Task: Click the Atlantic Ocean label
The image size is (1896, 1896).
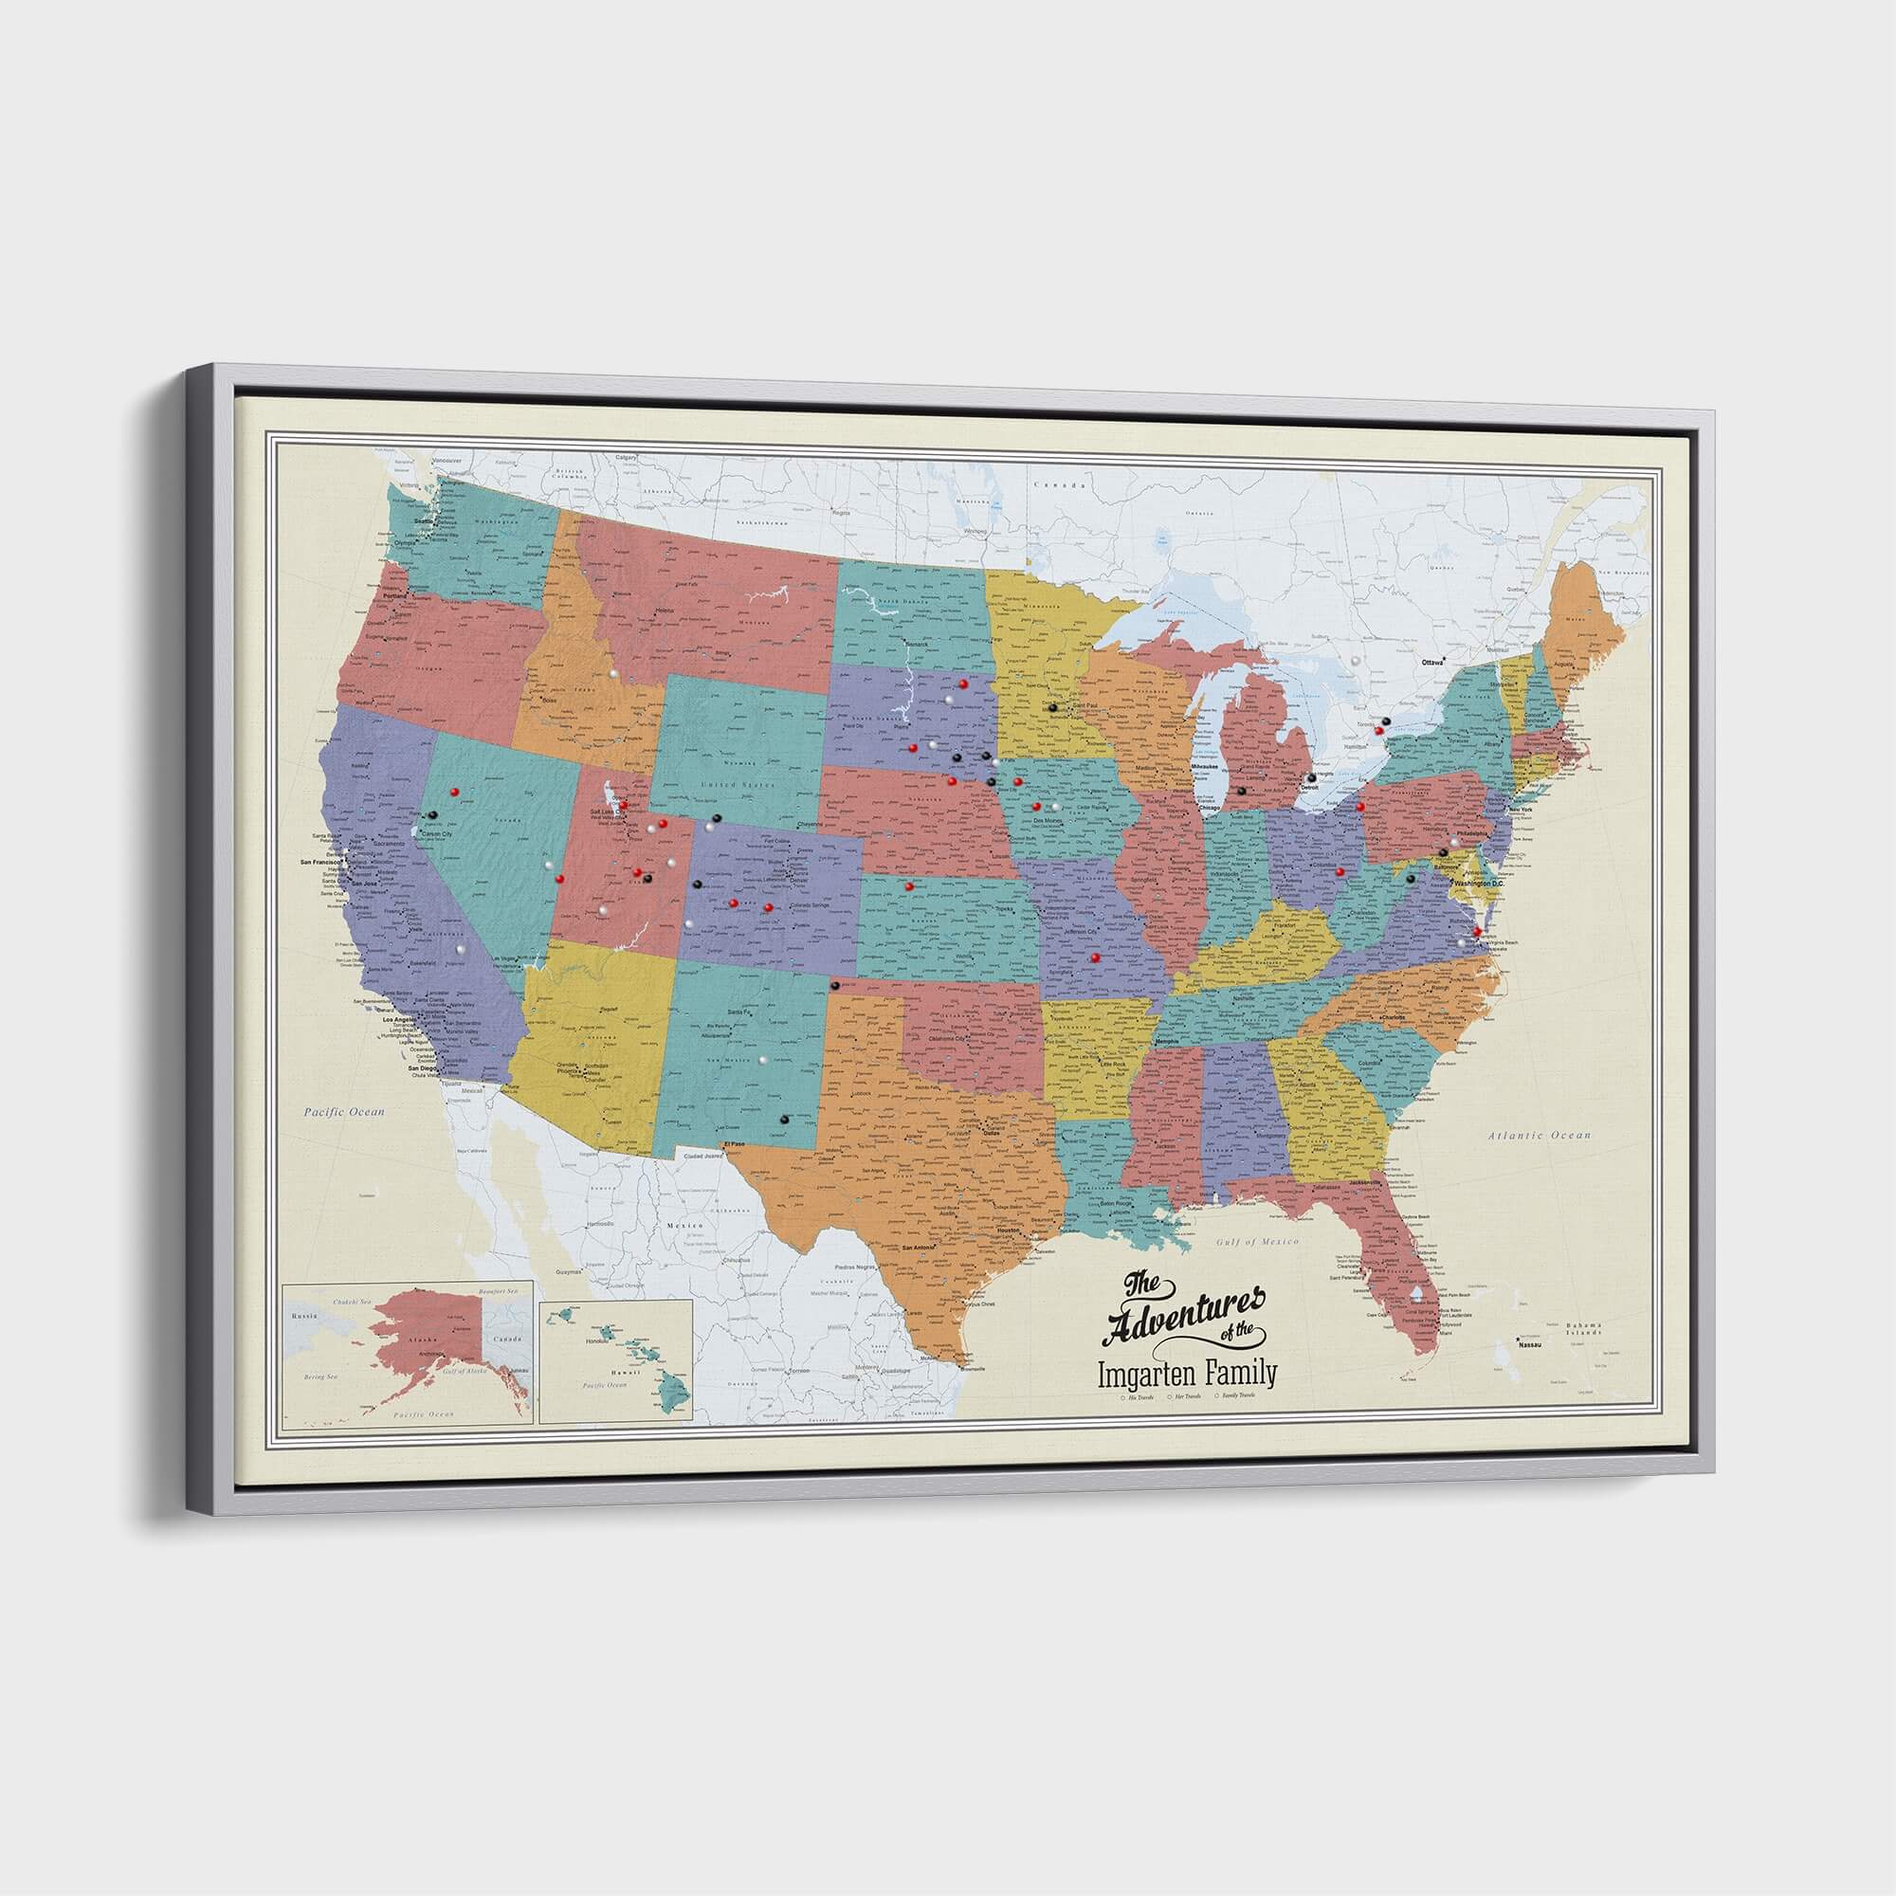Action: coord(1537,1136)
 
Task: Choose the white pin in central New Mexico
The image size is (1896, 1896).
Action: coord(761,1059)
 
